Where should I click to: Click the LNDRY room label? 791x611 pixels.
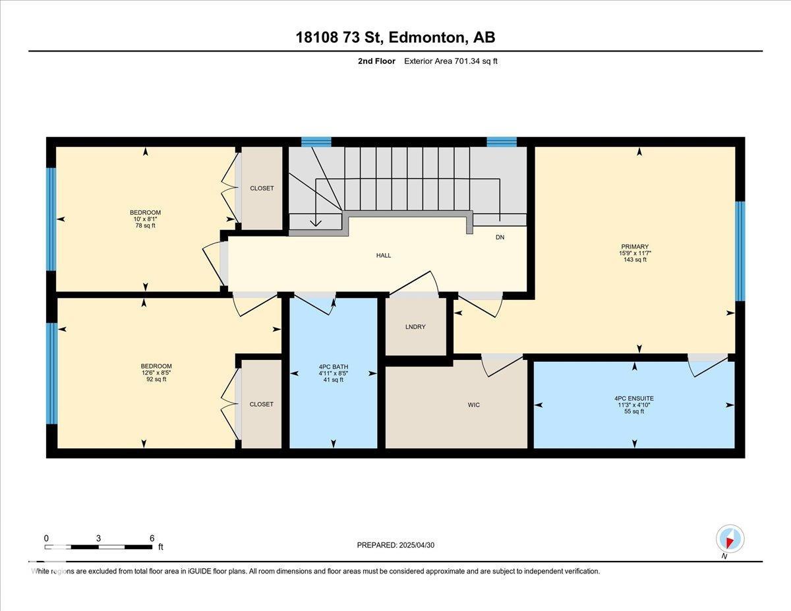[x=415, y=327]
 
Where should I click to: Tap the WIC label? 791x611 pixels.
[x=473, y=405]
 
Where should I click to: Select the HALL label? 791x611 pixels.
[x=384, y=256]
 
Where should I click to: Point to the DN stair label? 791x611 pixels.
[x=500, y=237]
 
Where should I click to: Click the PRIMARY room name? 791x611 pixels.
[x=635, y=247]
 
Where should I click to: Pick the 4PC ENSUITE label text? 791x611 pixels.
[x=634, y=399]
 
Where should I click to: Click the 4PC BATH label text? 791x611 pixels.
[x=334, y=367]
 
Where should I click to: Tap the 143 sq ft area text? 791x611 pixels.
[x=635, y=260]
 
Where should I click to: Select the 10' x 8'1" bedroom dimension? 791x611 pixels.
[x=145, y=219]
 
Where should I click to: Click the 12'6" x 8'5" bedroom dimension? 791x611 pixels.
[x=156, y=372]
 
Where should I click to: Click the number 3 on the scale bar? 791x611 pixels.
[x=98, y=538]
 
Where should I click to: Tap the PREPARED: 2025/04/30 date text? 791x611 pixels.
[x=395, y=545]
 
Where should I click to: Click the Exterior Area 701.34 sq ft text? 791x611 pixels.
[x=451, y=61]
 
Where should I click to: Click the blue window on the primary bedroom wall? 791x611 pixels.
[x=740, y=252]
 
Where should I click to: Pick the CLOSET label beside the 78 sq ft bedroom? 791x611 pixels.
[x=262, y=188]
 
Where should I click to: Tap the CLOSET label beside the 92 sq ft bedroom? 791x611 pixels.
[x=262, y=404]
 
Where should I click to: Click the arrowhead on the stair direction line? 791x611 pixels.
[x=316, y=222]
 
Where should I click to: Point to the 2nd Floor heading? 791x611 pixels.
[x=376, y=61]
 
